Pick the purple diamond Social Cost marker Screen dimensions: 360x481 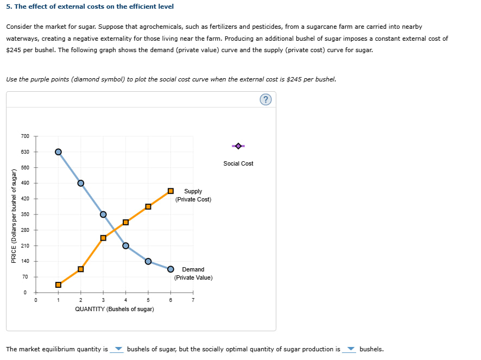[x=238, y=146]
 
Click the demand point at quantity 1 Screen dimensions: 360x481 [x=58, y=151]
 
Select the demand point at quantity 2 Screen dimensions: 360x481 [x=81, y=183]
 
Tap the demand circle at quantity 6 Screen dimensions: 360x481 [x=170, y=269]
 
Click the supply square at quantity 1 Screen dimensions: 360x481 [x=58, y=285]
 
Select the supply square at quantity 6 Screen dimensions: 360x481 [x=170, y=191]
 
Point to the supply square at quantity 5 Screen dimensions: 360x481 [x=148, y=206]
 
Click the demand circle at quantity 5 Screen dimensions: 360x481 [x=148, y=261]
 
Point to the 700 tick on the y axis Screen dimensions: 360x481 [x=24, y=136]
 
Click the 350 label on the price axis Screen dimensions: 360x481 [x=24, y=214]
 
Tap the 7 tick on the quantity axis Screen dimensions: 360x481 [x=193, y=300]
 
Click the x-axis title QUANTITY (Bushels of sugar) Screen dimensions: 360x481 [x=115, y=309]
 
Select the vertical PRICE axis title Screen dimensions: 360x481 [x=14, y=216]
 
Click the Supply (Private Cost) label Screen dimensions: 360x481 [x=193, y=195]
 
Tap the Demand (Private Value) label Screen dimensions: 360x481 [x=193, y=273]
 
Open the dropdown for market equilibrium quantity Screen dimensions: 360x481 [x=118, y=349]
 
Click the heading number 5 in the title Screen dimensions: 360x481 [x=8, y=7]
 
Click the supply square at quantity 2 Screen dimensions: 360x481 [x=81, y=269]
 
